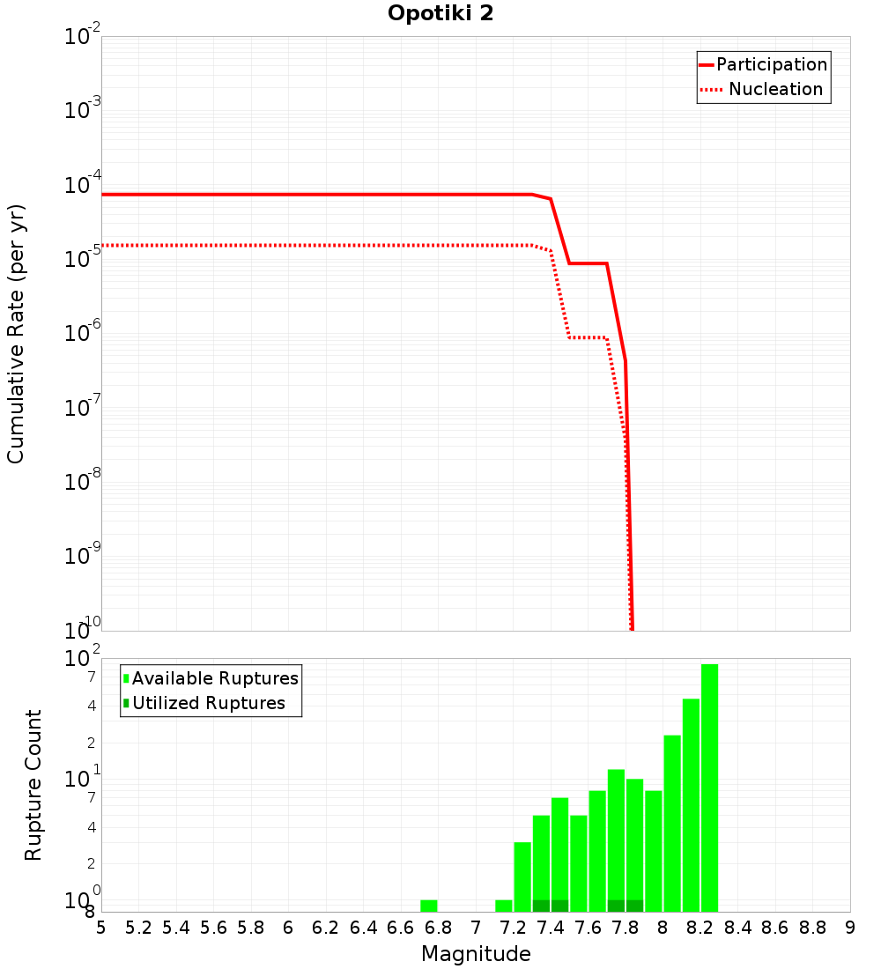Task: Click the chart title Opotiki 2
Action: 440,13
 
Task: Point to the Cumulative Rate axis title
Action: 16,334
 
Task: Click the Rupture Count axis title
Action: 33,784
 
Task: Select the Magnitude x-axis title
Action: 476,954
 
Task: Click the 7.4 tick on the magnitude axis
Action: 551,928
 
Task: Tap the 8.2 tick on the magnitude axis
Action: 700,928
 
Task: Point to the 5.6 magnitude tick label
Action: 213,928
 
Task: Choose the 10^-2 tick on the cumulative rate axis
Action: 83,37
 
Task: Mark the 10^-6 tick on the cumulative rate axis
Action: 83,334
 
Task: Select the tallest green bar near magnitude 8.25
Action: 709,788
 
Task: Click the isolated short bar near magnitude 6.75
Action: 428,906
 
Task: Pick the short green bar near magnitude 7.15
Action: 504,906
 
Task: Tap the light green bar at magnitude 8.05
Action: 672,823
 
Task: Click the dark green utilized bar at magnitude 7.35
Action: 541,906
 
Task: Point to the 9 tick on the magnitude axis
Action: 849,928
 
